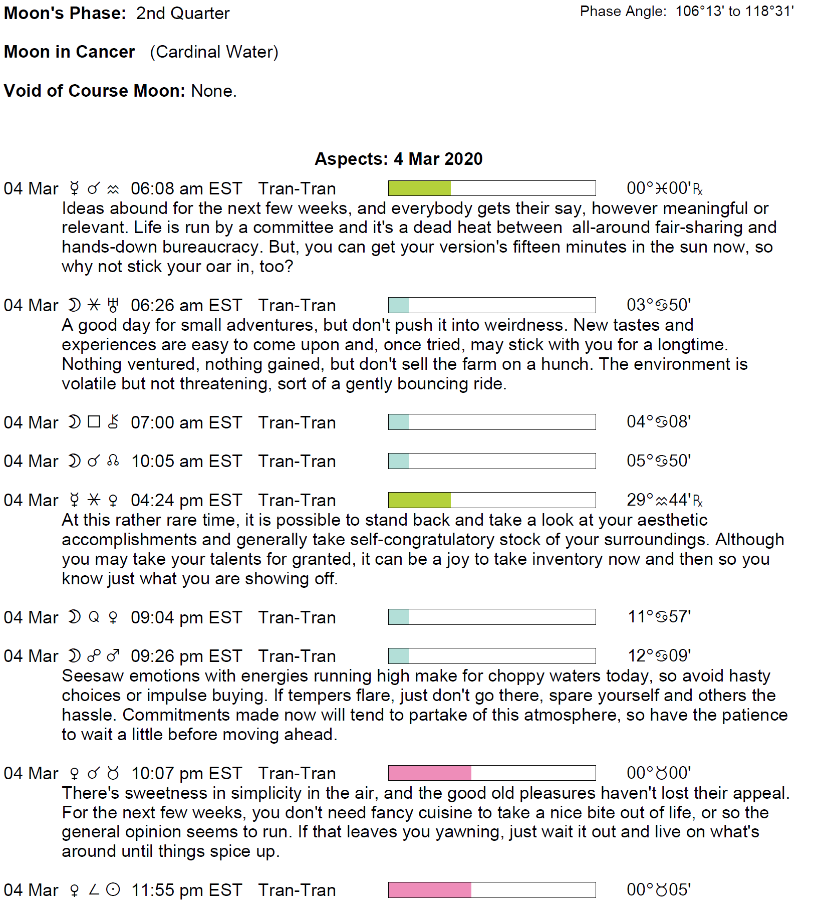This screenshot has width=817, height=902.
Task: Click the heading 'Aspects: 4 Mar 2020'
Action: [x=398, y=159]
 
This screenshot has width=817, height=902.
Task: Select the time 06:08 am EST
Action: [x=186, y=189]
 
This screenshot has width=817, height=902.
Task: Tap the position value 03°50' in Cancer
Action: [x=658, y=305]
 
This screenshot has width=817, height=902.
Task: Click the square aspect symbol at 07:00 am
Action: [x=94, y=422]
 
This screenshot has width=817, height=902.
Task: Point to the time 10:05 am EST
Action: [x=186, y=461]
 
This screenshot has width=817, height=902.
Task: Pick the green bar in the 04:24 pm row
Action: [x=419, y=500]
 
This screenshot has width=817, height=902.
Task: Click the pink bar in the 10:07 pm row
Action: [x=429, y=773]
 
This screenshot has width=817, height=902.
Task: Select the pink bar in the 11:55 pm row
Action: [x=429, y=890]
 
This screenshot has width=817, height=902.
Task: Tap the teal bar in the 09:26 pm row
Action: [x=399, y=656]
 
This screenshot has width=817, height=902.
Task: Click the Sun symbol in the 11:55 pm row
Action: [x=114, y=890]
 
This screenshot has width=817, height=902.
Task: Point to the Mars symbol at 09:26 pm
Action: [x=114, y=656]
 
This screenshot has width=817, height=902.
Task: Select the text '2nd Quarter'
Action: [x=183, y=14]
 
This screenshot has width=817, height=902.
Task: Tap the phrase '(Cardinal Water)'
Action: [x=214, y=52]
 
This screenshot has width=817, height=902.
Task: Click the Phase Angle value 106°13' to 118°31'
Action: [x=734, y=12]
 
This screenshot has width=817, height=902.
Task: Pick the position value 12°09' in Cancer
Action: [x=659, y=655]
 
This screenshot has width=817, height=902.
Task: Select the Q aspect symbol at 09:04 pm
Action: [x=94, y=617]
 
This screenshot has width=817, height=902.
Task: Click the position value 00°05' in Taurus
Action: [x=658, y=889]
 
